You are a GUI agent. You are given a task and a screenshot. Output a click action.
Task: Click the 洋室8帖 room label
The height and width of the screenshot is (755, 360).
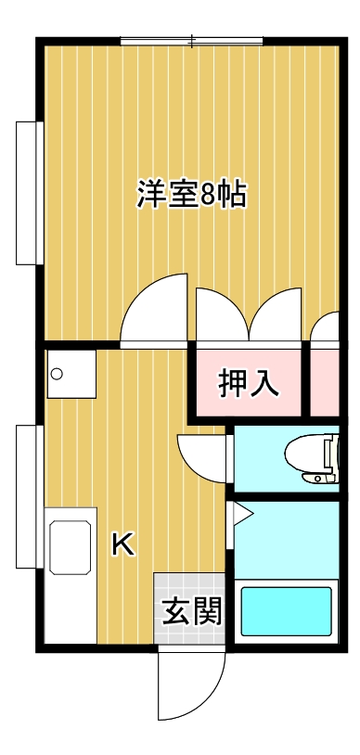point(191,196)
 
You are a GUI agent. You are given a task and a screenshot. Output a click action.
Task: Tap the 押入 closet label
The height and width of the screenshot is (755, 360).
point(248,382)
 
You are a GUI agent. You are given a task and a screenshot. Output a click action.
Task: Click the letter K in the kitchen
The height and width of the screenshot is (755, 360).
point(122,545)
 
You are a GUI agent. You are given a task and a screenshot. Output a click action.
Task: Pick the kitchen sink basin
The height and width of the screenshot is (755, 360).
point(71,547)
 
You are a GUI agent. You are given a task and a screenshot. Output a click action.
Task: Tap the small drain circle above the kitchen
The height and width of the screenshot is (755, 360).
point(57,375)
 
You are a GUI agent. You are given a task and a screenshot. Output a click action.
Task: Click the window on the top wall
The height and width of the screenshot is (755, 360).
point(191,41)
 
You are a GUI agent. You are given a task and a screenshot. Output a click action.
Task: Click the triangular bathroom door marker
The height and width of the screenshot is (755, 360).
point(242,513)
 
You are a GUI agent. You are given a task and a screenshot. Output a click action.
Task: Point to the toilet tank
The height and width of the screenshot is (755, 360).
point(328,458)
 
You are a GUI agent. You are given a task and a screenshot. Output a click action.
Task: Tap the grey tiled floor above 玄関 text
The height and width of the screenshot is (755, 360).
point(190,584)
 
